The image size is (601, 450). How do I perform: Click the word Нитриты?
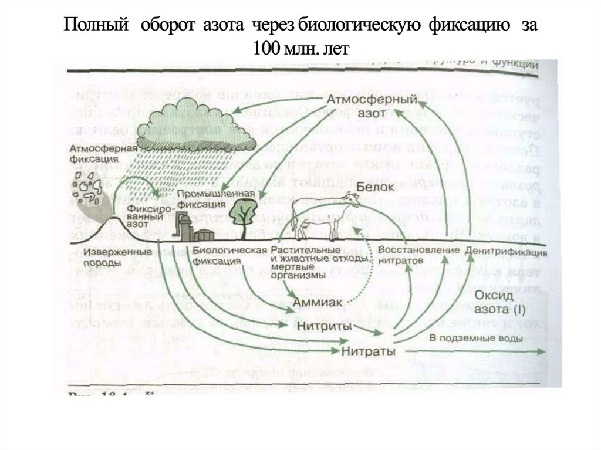[324, 326]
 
